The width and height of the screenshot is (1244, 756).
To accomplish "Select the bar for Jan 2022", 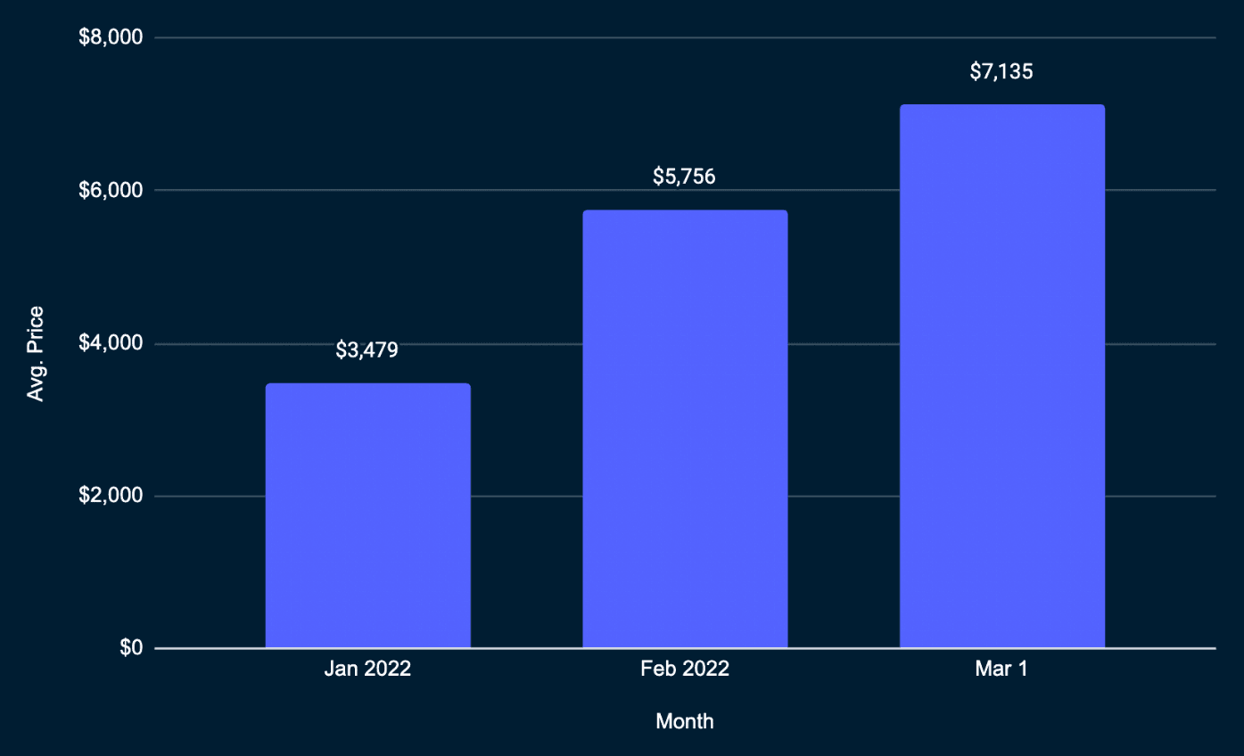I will tap(367, 515).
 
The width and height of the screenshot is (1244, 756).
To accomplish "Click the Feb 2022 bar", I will tap(685, 429).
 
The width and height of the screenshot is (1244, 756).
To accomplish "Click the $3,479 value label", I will tap(367, 349).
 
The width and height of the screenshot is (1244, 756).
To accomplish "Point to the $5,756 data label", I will tap(684, 177).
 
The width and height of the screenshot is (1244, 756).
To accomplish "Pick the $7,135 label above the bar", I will tap(1001, 71).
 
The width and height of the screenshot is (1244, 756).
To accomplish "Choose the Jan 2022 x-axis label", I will tap(367, 670).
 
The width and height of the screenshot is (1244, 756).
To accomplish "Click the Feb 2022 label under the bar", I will tap(685, 670).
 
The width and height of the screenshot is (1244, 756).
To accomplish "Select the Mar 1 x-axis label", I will tap(1001, 670).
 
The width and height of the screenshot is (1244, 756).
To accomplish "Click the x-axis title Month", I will tap(685, 721).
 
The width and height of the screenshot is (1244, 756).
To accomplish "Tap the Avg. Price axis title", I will tap(36, 354).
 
